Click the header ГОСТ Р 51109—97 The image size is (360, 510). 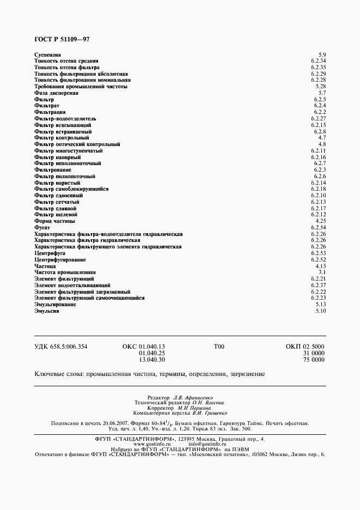[54, 40]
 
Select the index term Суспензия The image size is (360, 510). [47, 54]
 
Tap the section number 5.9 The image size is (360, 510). [322, 54]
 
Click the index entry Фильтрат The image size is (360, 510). [46, 105]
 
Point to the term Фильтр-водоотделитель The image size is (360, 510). [65, 118]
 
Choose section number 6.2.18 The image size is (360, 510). [319, 189]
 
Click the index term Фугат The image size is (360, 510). [42, 228]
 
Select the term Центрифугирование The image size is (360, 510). [60, 260]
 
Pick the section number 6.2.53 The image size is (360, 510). [319, 253]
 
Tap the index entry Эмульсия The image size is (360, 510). [46, 311]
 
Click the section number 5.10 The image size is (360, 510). [320, 311]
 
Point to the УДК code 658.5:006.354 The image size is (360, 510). [61, 347]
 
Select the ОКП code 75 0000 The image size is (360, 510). [313, 360]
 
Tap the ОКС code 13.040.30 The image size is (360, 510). [152, 360]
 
